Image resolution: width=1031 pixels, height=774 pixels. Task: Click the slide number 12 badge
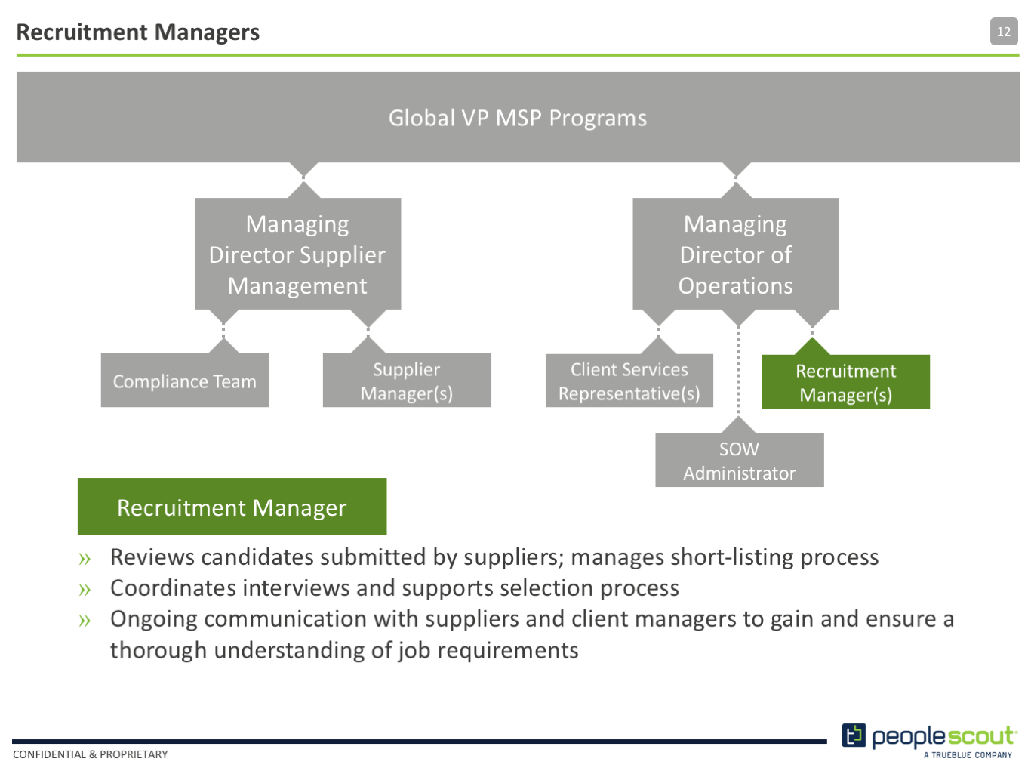pos(1003,32)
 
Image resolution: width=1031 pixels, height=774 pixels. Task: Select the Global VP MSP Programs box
pos(518,117)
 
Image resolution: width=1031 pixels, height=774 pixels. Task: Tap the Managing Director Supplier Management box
pos(298,254)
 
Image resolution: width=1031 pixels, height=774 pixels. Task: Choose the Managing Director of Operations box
pos(736,254)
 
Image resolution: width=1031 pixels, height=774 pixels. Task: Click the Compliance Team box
pos(185,380)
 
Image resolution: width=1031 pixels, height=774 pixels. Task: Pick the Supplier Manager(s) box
pos(407,380)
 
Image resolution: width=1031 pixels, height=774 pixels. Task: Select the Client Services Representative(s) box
pos(629,381)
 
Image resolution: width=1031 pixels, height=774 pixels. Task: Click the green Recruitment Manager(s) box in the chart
pos(846,381)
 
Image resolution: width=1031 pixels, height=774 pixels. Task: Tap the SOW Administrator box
pos(740,460)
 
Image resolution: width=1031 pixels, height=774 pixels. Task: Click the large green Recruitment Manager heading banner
pos(232,507)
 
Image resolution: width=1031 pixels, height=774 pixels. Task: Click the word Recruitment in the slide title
pos(82,32)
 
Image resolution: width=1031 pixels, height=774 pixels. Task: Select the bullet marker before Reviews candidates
pos(85,559)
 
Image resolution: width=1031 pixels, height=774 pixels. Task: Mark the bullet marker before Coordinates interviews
pos(85,589)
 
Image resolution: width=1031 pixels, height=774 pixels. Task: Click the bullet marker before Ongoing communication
pos(85,621)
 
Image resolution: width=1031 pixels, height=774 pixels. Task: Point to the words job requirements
pos(488,652)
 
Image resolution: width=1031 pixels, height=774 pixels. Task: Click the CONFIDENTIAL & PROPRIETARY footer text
pos(90,754)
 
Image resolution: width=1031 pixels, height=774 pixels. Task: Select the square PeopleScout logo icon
pos(854,735)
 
